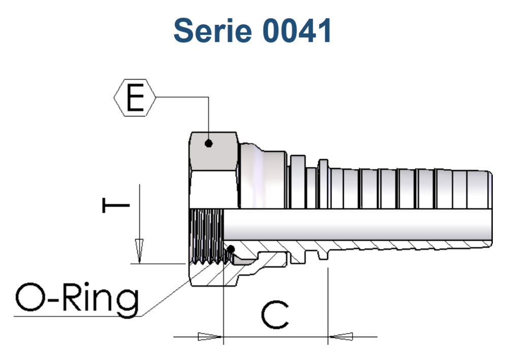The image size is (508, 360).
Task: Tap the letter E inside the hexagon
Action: [x=135, y=97]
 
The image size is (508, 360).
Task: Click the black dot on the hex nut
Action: [x=209, y=143]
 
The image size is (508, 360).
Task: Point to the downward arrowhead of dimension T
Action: [x=139, y=251]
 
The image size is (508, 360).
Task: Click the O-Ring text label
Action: [x=77, y=298]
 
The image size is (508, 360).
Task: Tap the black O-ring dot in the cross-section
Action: [x=231, y=249]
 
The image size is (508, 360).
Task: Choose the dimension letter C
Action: [x=275, y=315]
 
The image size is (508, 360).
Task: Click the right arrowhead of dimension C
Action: [x=340, y=337]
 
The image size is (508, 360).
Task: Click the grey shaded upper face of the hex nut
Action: [x=214, y=151]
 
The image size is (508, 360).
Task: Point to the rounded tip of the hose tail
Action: [x=490, y=209]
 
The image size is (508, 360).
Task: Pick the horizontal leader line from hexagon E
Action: [x=182, y=97]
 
